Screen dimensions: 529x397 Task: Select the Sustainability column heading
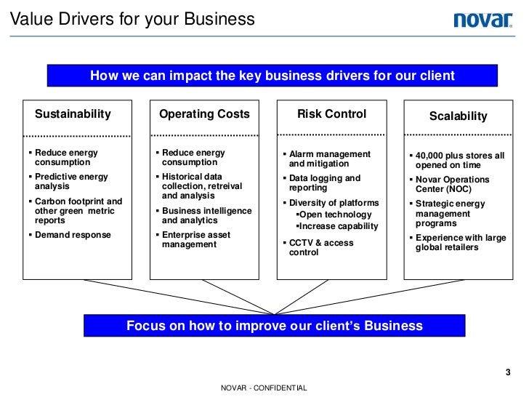tap(73, 114)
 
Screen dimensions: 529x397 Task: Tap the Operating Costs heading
tap(204, 114)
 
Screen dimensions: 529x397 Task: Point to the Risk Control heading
tap(331, 114)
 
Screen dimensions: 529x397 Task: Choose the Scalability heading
tap(458, 116)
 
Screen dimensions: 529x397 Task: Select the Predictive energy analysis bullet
tap(71, 182)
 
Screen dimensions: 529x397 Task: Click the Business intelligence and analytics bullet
tap(206, 215)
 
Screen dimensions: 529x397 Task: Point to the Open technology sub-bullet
tap(334, 215)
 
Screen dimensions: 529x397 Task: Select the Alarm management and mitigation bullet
tap(329, 159)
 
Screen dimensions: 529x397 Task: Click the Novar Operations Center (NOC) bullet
tap(452, 185)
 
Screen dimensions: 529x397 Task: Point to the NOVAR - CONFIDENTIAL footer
tap(264, 389)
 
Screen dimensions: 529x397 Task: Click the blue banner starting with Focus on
tap(274, 325)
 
